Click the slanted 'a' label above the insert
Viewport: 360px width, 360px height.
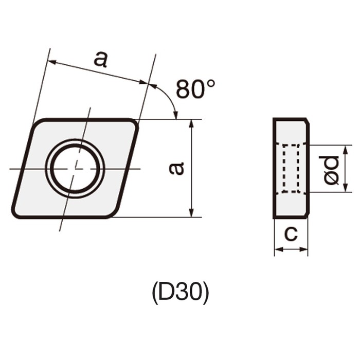[x=101, y=59]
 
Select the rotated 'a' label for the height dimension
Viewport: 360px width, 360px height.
[x=176, y=168]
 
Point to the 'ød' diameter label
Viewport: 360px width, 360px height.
[x=332, y=170]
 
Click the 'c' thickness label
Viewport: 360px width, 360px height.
[x=291, y=234]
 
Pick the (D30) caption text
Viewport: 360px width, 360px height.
[x=180, y=293]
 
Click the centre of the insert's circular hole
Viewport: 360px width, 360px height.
[x=75, y=168]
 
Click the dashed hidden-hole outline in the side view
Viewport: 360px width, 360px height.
[x=291, y=169]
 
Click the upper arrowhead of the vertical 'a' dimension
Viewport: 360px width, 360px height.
[x=191, y=122]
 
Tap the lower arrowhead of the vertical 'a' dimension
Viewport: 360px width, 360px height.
[x=191, y=214]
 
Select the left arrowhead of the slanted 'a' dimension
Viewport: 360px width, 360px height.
[x=51, y=62]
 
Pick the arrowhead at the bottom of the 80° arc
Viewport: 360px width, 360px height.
[x=175, y=116]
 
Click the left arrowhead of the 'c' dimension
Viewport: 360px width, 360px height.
[x=277, y=250]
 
